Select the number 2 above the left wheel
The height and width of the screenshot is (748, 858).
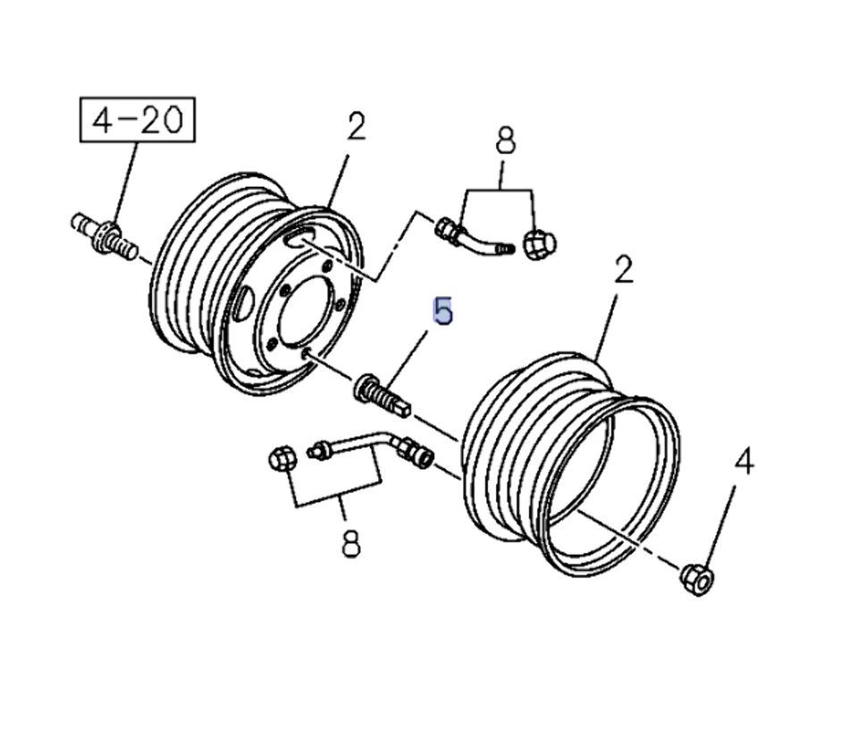356,126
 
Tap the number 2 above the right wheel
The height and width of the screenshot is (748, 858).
623,269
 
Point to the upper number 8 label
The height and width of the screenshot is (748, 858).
505,142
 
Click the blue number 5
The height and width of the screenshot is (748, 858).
442,311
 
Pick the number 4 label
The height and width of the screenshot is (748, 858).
744,463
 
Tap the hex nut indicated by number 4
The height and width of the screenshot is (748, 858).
695,576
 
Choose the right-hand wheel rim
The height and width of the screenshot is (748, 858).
572,465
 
